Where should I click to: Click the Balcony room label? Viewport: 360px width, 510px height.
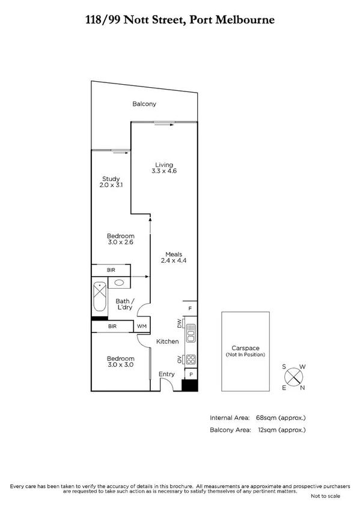pyautogui.click(x=144, y=104)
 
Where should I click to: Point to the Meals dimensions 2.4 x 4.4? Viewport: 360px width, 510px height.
pyautogui.click(x=171, y=261)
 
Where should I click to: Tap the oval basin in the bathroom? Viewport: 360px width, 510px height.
pyautogui.click(x=120, y=283)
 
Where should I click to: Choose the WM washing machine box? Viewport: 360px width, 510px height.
pyautogui.click(x=142, y=327)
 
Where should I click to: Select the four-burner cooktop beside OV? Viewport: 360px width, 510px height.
pyautogui.click(x=191, y=360)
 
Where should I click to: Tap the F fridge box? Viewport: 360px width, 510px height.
pyautogui.click(x=190, y=309)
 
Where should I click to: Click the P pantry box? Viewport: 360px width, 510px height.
pyautogui.click(x=190, y=374)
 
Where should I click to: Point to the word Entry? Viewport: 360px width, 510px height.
pyautogui.click(x=166, y=375)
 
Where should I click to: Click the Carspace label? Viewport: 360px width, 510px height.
pyautogui.click(x=245, y=348)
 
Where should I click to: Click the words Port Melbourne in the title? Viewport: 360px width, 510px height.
pyautogui.click(x=233, y=20)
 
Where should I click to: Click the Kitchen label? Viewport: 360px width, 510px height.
pyautogui.click(x=168, y=342)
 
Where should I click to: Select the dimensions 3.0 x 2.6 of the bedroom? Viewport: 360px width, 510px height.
pyautogui.click(x=120, y=244)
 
